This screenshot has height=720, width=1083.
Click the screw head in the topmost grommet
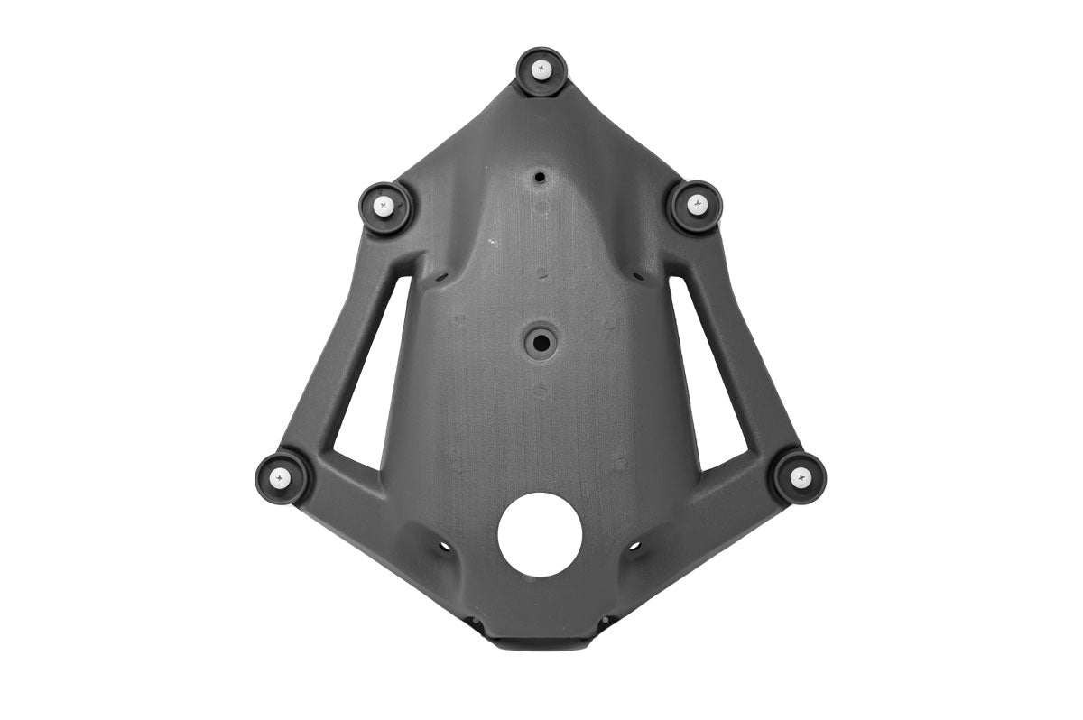[x=541, y=69]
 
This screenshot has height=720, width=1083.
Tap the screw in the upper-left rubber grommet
[x=385, y=205]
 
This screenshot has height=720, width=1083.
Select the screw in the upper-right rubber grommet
[x=696, y=205]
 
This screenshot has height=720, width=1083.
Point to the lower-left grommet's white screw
[x=282, y=475]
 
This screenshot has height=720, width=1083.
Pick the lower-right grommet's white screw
[x=799, y=475]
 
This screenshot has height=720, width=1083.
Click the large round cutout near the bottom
[x=539, y=534]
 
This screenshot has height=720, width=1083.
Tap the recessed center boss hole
[x=541, y=340]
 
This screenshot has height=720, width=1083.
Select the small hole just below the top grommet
[x=540, y=178]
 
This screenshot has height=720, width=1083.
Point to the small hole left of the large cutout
[x=444, y=546]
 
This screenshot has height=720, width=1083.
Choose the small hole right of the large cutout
[x=634, y=546]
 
